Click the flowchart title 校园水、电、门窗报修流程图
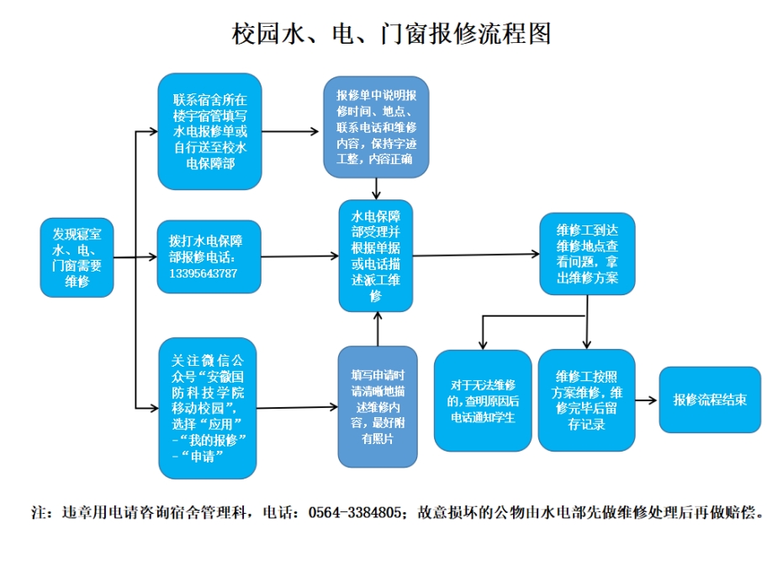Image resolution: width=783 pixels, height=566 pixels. click(391, 34)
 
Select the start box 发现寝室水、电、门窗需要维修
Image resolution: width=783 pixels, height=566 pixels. click(77, 257)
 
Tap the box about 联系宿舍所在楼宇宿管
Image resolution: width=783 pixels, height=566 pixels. click(209, 131)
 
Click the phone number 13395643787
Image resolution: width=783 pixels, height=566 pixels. click(203, 273)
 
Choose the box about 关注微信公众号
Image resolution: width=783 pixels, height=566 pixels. click(209, 405)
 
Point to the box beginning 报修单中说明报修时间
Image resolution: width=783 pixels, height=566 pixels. click(376, 127)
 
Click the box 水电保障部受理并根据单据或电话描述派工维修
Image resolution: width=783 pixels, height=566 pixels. click(376, 255)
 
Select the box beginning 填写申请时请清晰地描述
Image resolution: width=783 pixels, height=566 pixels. click(377, 406)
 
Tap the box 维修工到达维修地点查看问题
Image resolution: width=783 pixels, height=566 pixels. click(586, 253)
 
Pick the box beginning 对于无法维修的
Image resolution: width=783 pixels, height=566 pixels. click(482, 399)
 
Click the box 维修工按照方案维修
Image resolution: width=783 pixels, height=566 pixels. click(587, 399)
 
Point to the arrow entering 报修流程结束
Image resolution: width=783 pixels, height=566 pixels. click(646, 400)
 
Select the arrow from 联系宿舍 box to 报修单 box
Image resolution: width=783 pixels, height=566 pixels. click(291, 131)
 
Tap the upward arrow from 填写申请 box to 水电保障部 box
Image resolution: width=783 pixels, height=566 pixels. click(378, 328)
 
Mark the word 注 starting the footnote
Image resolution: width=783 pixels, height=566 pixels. click(37, 511)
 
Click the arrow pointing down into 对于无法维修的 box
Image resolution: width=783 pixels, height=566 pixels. click(482, 336)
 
